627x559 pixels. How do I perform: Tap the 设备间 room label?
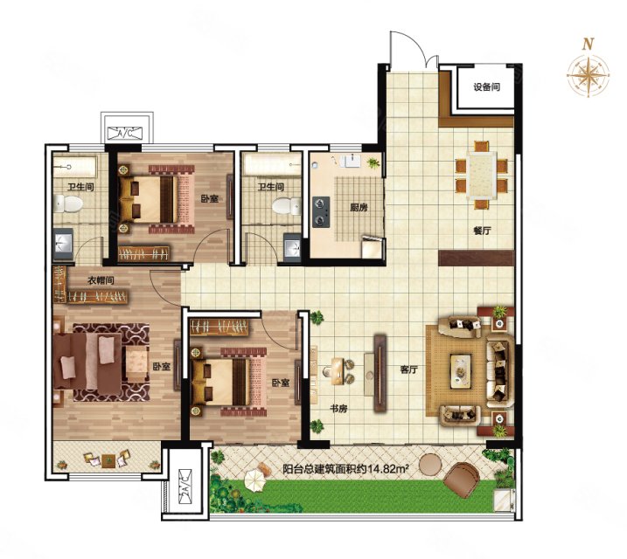point(486,87)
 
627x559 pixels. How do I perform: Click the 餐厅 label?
point(482,231)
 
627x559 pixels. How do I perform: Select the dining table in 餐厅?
point(482,176)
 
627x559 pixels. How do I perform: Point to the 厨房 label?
point(359,208)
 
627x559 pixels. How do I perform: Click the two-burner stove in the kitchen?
point(321,212)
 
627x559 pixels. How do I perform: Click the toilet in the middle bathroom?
point(287,206)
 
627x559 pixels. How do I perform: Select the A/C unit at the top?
point(125,133)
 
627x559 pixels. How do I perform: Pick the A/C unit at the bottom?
point(185,485)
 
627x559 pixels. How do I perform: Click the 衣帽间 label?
point(101,280)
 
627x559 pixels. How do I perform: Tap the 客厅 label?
point(408,370)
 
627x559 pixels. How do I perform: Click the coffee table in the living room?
point(461,371)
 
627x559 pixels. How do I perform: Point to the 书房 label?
point(338,409)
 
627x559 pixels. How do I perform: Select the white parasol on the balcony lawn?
point(255,480)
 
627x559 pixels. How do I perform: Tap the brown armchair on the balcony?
point(462,480)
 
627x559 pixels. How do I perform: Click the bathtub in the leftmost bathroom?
point(75,167)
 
